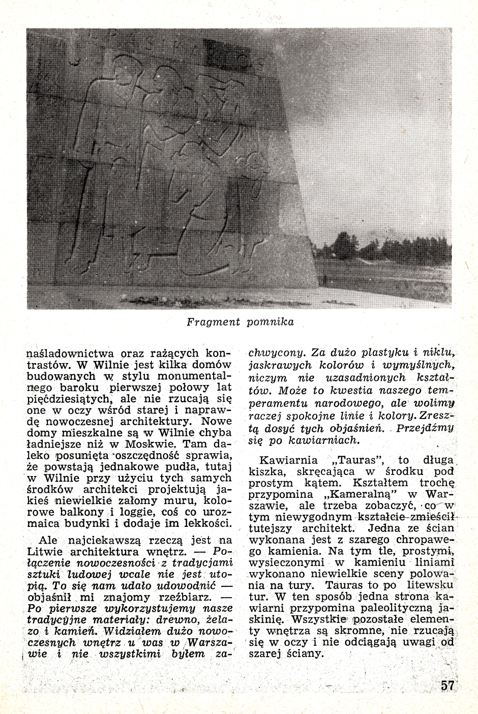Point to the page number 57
447,685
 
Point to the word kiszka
266,471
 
